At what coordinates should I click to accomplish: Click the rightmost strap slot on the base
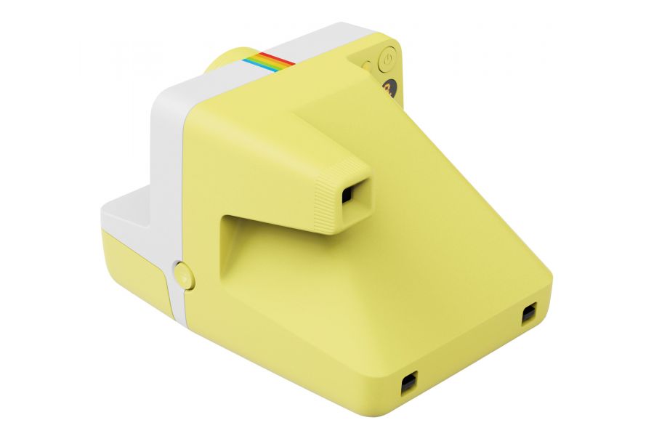[528, 313]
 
